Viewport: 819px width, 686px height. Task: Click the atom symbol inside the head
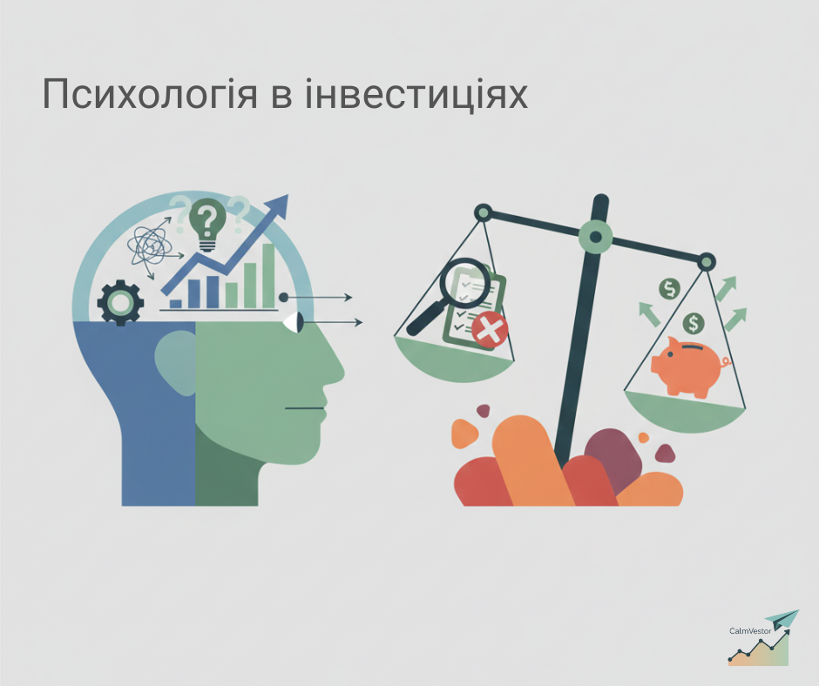(x=149, y=245)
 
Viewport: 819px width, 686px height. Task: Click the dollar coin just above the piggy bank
(x=694, y=324)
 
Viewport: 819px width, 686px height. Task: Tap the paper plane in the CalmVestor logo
(x=781, y=619)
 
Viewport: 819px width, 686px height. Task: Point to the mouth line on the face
(x=304, y=408)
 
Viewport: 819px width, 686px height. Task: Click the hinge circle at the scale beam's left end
(x=482, y=212)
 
